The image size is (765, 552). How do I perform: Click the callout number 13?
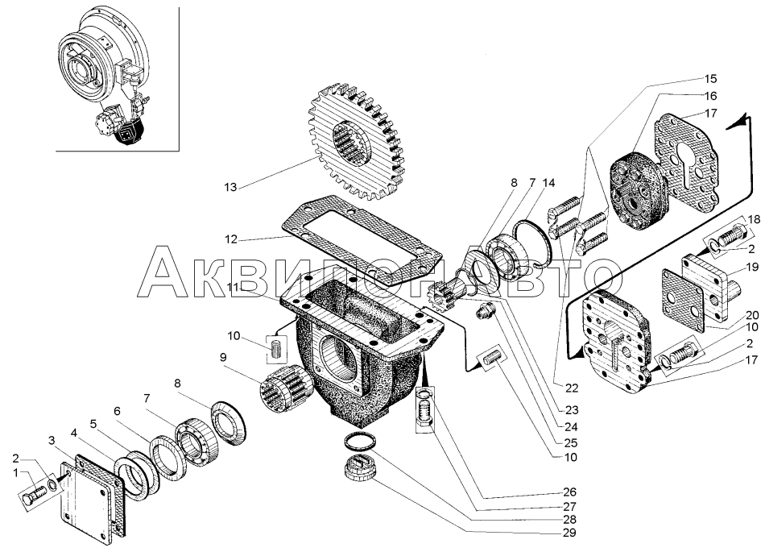pos(231,188)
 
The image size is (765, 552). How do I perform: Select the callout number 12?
pos(232,239)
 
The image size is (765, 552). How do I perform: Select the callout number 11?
pos(232,288)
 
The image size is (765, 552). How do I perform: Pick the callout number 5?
pos(93,424)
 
